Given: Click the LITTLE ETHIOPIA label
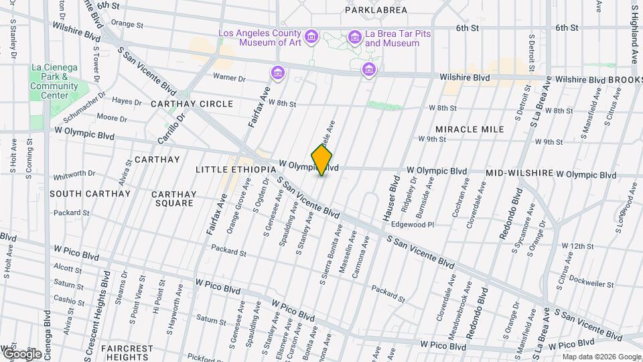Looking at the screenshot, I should point(236,170).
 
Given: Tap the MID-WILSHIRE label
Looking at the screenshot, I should point(520,173).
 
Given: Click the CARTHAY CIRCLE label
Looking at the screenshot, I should point(192,104).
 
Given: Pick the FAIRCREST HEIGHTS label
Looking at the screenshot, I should point(127,353).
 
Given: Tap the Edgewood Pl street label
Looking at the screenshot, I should point(413,225).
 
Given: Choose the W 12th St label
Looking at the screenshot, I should point(577,246).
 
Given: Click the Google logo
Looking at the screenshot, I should point(22,353).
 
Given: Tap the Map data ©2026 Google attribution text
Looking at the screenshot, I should point(601,357).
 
